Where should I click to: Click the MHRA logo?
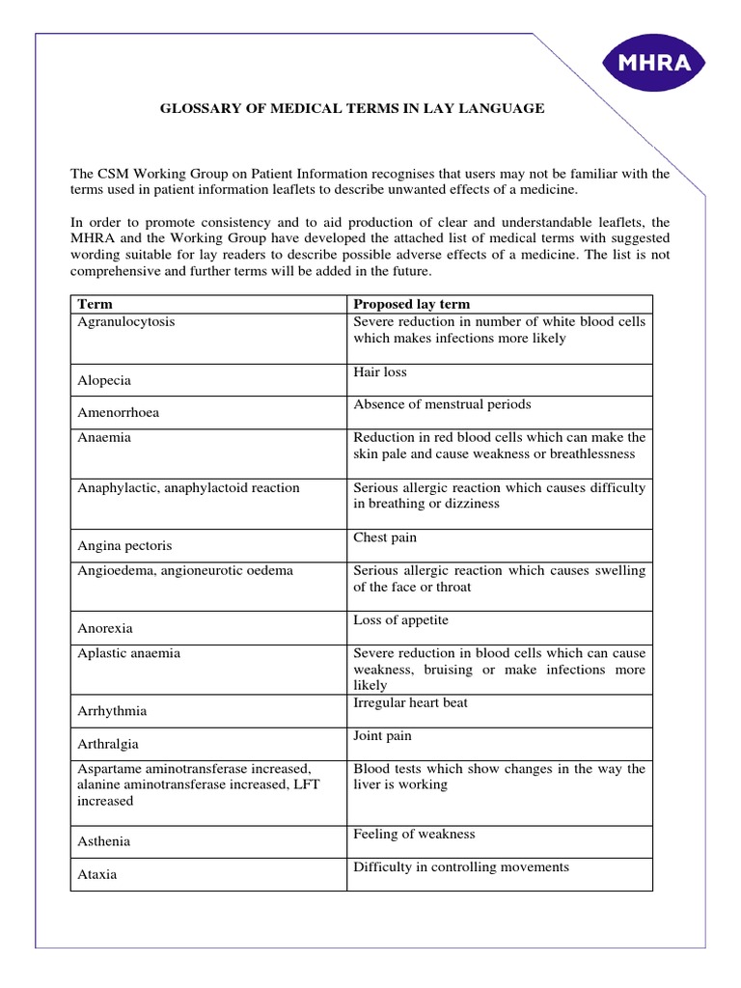click(x=652, y=64)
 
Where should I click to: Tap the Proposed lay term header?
click(x=412, y=304)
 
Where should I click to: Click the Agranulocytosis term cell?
click(x=126, y=322)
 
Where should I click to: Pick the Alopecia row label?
click(x=105, y=380)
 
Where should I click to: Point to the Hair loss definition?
click(x=380, y=371)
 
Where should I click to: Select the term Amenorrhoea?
click(x=119, y=413)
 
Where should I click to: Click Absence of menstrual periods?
click(x=442, y=404)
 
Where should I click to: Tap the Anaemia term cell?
click(x=104, y=438)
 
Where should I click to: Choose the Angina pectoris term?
click(x=124, y=546)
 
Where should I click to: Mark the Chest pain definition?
click(x=385, y=537)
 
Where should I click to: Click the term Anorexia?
click(x=106, y=629)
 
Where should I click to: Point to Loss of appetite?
click(x=400, y=620)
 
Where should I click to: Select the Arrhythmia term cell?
click(x=112, y=711)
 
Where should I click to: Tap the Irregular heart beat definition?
click(x=410, y=703)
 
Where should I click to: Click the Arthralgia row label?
click(x=108, y=745)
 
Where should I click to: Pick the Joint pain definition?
click(x=382, y=736)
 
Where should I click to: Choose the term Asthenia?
click(x=103, y=841)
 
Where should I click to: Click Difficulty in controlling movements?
click(x=461, y=867)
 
